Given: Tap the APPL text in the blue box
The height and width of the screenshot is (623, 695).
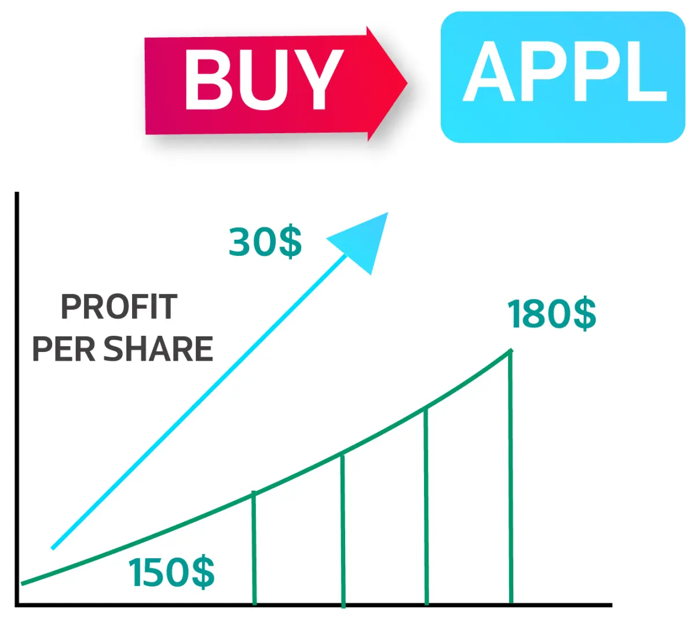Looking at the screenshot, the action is (x=564, y=71).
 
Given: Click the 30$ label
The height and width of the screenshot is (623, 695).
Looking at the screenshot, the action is (x=265, y=241).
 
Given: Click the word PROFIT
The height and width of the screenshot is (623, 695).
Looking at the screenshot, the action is (x=119, y=307).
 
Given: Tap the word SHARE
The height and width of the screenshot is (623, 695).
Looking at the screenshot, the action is (x=158, y=349).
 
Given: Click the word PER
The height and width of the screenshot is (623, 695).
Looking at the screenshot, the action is (x=64, y=349).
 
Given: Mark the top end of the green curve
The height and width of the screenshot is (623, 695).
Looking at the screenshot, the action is (x=511, y=351).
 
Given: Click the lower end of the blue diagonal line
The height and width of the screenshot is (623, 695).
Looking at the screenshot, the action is (x=53, y=548).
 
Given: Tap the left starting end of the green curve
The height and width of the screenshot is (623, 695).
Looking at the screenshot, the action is (x=22, y=583).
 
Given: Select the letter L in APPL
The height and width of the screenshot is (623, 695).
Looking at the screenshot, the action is (x=648, y=71).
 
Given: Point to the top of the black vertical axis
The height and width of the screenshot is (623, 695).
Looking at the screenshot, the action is (x=17, y=192).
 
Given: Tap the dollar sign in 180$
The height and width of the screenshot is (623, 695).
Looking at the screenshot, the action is (x=585, y=314).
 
